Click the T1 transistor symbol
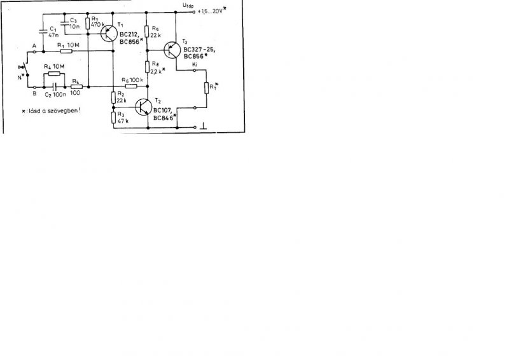(110, 36)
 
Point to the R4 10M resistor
(52, 74)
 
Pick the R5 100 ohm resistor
(76, 86)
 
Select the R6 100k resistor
(131, 86)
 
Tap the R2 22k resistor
(114, 97)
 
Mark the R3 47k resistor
(114, 117)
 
